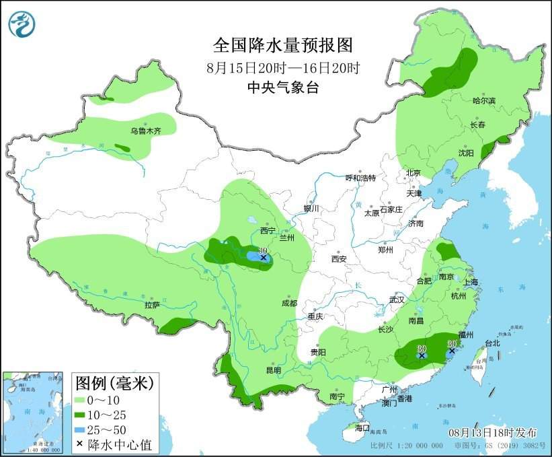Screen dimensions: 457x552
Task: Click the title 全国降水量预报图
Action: (x=282, y=45)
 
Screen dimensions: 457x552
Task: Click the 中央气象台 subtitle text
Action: (x=282, y=87)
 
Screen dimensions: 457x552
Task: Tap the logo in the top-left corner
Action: (x=22, y=25)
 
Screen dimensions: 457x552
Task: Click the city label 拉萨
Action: (x=152, y=305)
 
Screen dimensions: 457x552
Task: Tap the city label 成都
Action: (x=290, y=303)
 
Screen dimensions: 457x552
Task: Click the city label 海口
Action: (x=362, y=428)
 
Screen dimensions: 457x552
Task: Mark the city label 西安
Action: (x=338, y=258)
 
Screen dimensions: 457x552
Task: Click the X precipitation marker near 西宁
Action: (x=264, y=258)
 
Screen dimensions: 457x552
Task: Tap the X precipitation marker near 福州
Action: (x=452, y=351)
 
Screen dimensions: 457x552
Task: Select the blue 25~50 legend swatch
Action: (x=86, y=429)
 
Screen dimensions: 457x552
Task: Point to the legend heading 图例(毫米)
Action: (x=114, y=383)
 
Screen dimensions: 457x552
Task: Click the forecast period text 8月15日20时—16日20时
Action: (x=282, y=67)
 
